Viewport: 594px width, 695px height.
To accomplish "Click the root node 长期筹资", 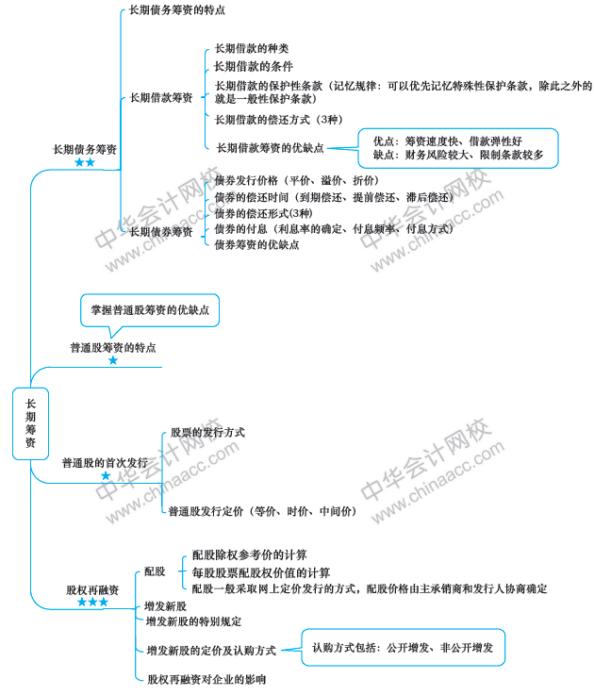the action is (30, 423).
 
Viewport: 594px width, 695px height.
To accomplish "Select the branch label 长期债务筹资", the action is (85, 149).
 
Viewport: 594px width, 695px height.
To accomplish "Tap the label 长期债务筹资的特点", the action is (176, 9).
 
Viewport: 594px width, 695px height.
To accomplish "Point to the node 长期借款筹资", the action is (161, 97).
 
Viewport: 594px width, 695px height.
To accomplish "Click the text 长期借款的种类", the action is (252, 48).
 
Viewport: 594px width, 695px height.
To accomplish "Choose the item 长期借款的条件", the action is (253, 67).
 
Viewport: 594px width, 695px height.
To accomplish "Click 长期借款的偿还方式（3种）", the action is (279, 119).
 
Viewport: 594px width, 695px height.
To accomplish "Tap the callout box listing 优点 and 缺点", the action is (458, 148).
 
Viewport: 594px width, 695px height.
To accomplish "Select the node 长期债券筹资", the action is (161, 231).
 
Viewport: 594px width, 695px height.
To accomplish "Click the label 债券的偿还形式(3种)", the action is (263, 213).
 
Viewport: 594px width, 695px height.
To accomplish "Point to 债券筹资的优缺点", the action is (256, 244).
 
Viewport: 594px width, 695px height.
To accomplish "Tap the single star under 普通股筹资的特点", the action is (113, 360).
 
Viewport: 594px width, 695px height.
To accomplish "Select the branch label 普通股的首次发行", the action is (105, 463).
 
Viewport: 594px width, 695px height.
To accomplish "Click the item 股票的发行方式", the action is (207, 432).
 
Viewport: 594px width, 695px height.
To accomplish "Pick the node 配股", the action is (155, 571).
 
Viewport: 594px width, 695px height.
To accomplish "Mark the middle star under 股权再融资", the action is (92, 602).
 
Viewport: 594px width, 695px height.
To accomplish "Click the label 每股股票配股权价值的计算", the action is (261, 572).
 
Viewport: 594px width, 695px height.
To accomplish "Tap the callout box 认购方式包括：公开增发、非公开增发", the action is (403, 648).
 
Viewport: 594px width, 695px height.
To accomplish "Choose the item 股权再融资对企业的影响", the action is (206, 679).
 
